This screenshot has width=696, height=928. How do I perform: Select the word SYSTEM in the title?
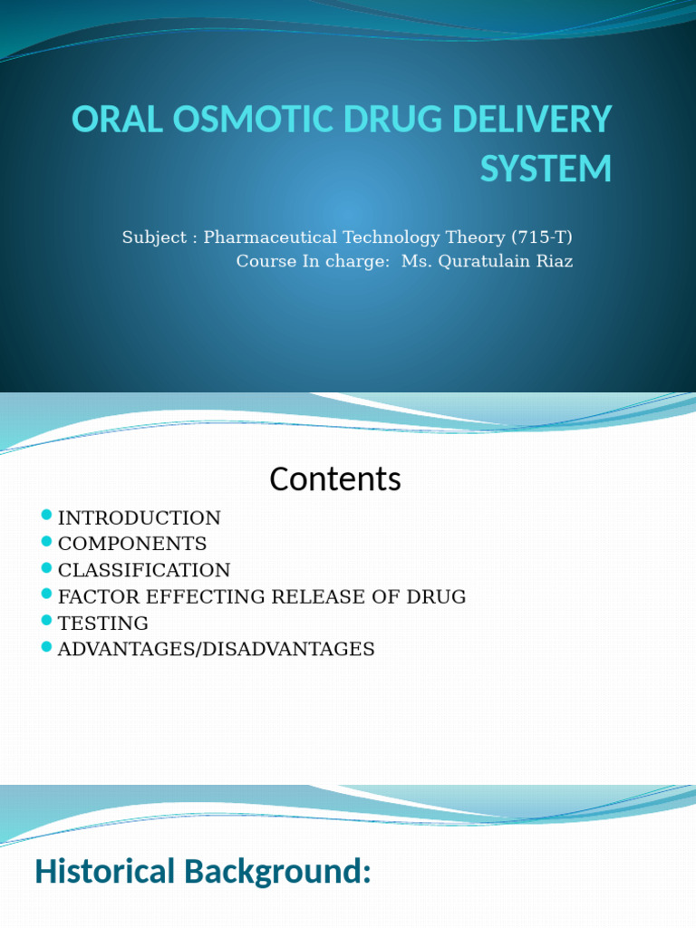(x=546, y=169)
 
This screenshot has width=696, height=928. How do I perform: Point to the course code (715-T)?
(x=542, y=237)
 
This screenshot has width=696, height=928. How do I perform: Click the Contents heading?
(x=334, y=478)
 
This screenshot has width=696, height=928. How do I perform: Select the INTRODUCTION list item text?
(x=139, y=518)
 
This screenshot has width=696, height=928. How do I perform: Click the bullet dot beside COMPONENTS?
(x=47, y=542)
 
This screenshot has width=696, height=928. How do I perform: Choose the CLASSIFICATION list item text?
(x=144, y=570)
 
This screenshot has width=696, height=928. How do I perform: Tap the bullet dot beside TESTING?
(x=47, y=621)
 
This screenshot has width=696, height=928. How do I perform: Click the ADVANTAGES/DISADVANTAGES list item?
(x=216, y=649)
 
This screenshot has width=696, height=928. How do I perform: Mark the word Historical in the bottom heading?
(x=104, y=872)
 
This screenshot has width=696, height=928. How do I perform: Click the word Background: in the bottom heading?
(x=277, y=872)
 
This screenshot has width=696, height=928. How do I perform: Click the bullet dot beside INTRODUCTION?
(x=47, y=516)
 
